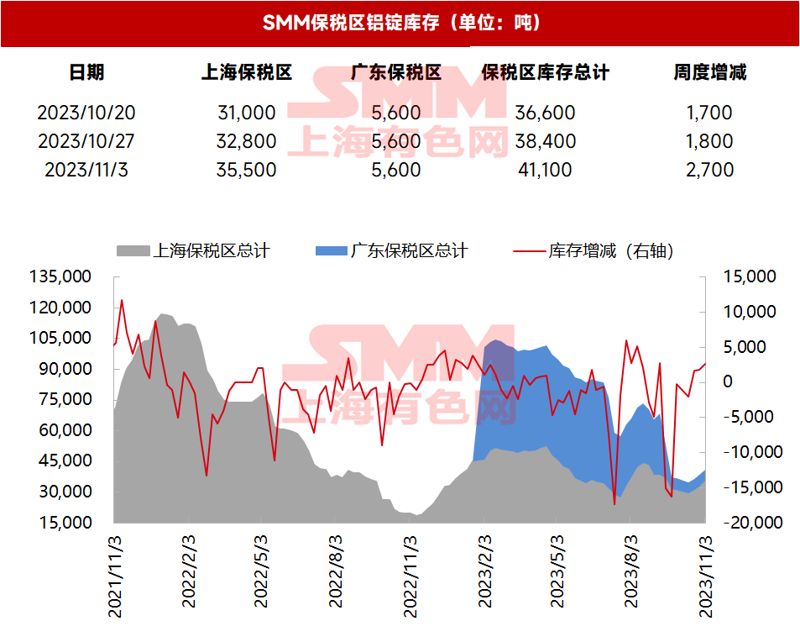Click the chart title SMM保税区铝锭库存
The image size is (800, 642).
400,23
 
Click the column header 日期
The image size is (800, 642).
86,73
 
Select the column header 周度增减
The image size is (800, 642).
709,73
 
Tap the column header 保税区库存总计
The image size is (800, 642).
546,73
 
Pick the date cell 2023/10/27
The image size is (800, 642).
86,141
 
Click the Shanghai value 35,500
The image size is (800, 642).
246,170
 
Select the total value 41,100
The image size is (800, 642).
546,170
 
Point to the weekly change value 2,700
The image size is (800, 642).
709,170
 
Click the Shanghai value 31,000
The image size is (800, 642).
246,113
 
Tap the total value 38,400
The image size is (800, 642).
546,141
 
